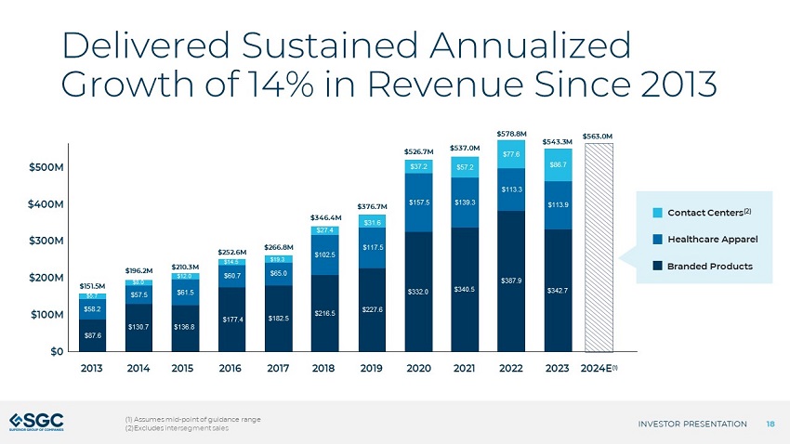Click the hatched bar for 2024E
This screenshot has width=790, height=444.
(x=602, y=249)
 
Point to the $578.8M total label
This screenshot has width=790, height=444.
(x=512, y=134)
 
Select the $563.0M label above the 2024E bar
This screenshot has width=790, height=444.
(x=602, y=136)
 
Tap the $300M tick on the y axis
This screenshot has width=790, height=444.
(x=46, y=241)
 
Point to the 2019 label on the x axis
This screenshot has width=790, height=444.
(x=373, y=368)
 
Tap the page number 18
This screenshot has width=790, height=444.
(x=770, y=424)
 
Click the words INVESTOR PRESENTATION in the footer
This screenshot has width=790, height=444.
(x=692, y=424)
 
